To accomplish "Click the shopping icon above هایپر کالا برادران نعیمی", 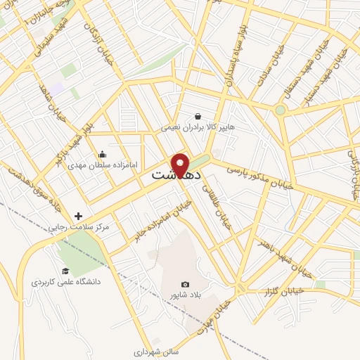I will click(199, 117).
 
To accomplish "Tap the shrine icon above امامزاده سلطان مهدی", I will click(103, 155).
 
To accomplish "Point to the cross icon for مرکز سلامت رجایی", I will click(78, 216).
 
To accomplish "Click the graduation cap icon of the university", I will click(65, 271).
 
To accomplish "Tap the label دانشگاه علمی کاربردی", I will click(66, 282).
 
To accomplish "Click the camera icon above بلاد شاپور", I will click(186, 284).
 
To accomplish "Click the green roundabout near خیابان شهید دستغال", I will click(281, 110).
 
